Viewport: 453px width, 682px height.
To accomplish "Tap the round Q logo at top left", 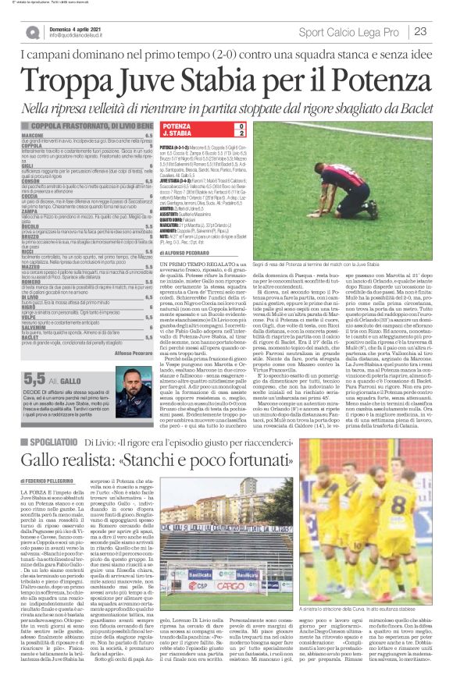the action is click(x=32, y=32).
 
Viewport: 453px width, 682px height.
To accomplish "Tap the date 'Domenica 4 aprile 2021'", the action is click(x=73, y=28).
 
